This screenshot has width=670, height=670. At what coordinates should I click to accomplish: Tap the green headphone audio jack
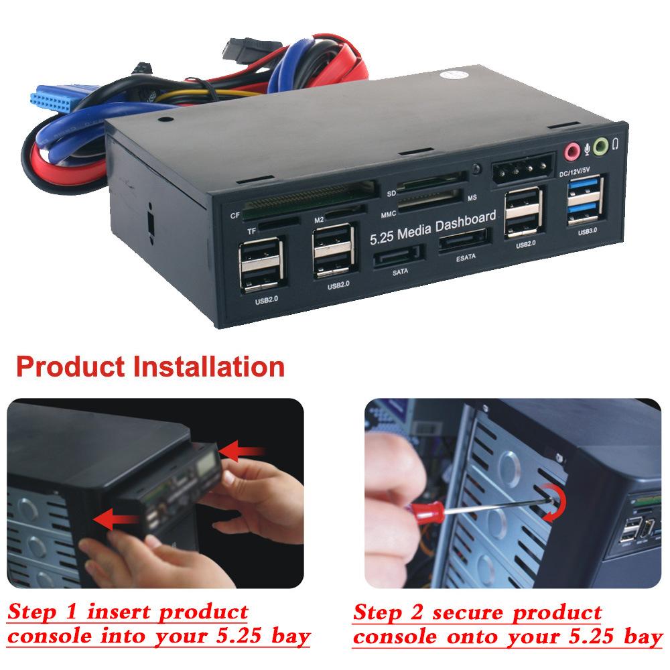[x=602, y=145]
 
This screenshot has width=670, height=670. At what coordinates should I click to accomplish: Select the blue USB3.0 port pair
[x=586, y=201]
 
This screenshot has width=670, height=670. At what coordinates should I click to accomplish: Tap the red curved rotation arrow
[x=555, y=505]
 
